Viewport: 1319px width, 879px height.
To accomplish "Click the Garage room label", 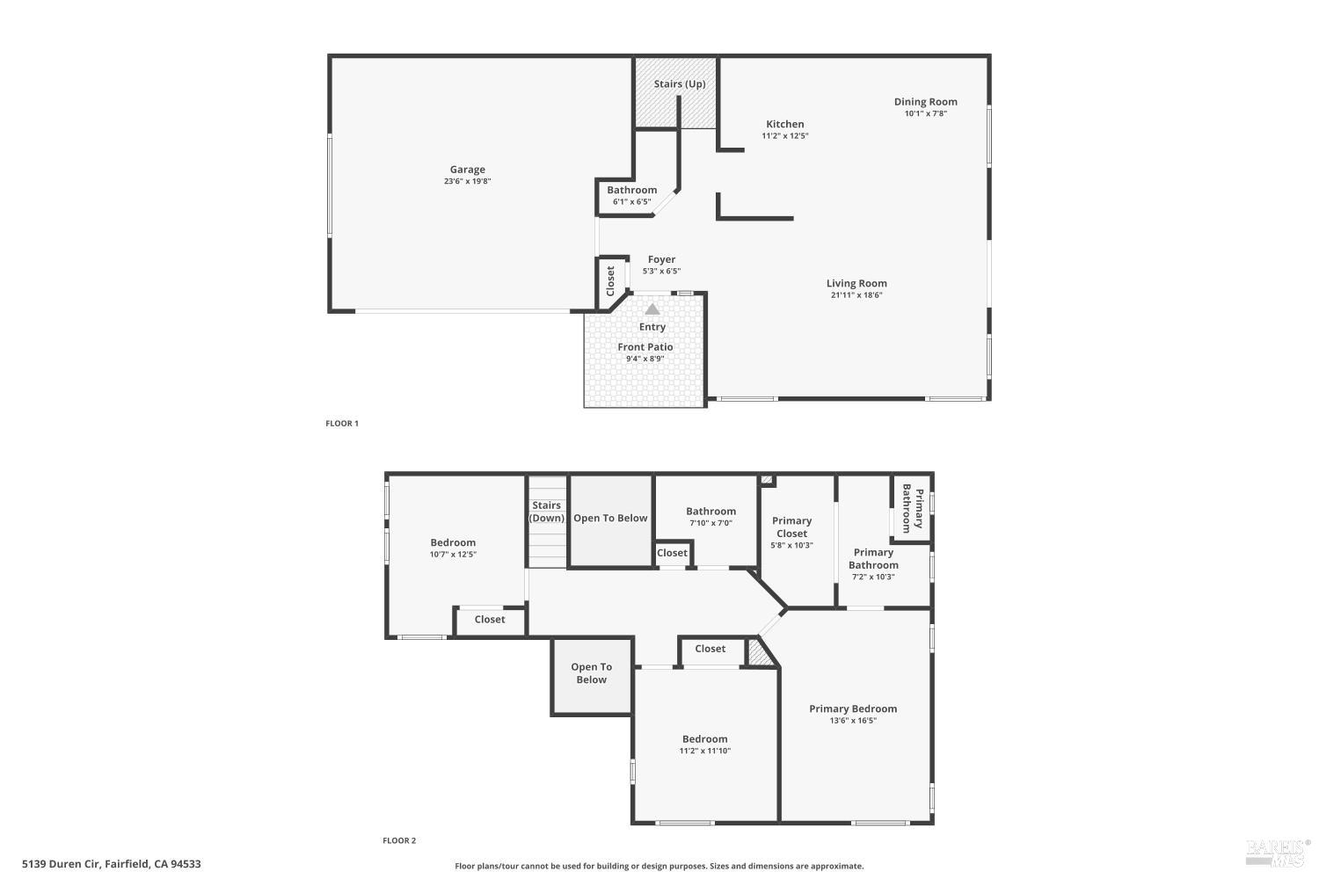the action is (x=468, y=170).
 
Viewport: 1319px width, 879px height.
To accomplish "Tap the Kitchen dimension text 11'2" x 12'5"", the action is (x=785, y=136).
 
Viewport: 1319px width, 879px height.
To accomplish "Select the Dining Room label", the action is (x=926, y=102).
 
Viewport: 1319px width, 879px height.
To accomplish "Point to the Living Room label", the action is (x=856, y=283).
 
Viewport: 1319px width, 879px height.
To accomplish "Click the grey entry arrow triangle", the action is (x=652, y=309).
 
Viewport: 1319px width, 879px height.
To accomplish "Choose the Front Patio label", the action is (x=645, y=347).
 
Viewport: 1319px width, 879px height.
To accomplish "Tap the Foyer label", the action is (x=661, y=259).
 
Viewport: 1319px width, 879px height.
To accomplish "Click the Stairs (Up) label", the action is (x=680, y=84).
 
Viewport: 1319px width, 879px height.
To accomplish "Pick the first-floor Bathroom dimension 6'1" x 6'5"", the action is (x=632, y=202).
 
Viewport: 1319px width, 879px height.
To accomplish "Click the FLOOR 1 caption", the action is (x=342, y=424).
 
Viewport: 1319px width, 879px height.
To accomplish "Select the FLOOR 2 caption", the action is (x=399, y=840).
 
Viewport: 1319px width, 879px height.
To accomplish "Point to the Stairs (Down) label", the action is (x=546, y=512).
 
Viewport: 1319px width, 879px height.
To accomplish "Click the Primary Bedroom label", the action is (x=853, y=708).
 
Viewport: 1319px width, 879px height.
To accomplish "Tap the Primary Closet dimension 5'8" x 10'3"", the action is (x=791, y=545).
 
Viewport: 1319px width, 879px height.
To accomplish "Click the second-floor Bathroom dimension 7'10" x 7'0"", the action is (x=711, y=523).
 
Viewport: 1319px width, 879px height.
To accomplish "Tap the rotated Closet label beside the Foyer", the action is (x=610, y=280).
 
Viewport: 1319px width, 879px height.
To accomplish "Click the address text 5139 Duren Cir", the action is (x=62, y=864).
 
